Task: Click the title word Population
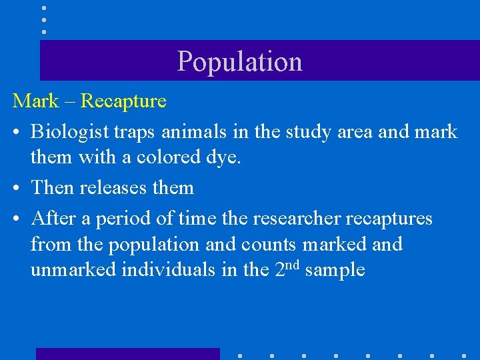tap(239, 61)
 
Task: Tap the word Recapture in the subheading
tap(123, 101)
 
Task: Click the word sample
tap(334, 271)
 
